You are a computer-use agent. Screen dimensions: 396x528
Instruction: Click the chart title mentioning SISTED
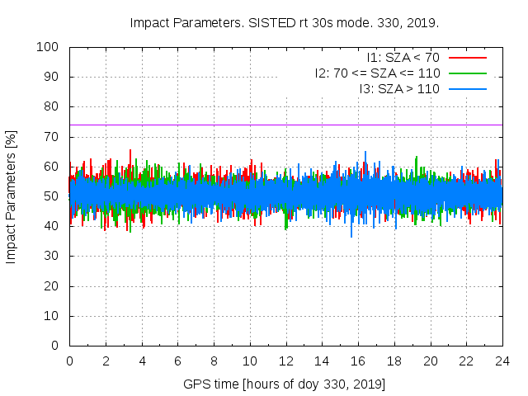point(285,22)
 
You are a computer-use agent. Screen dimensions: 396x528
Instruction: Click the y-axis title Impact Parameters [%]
point(12,196)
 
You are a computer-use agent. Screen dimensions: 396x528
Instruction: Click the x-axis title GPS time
point(285,384)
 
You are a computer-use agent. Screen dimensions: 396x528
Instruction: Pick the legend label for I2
point(377,73)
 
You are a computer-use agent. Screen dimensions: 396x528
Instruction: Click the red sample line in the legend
point(466,58)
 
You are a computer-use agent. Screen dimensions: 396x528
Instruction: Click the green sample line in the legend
point(466,73)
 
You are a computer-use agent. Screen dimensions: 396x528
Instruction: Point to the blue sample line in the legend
point(466,88)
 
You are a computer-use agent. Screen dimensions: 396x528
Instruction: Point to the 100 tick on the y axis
point(51,47)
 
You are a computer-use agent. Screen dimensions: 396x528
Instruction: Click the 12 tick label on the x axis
point(285,361)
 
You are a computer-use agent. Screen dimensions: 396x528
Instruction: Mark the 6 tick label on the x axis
point(177,361)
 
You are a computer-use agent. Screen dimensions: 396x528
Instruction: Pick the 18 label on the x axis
point(394,361)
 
